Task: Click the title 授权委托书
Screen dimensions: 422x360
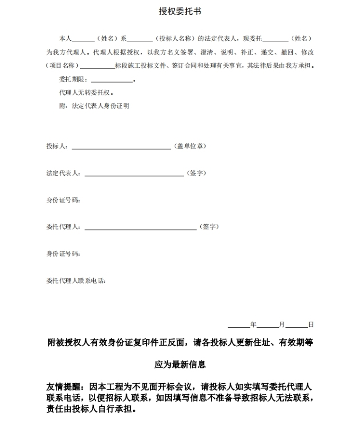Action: (x=180, y=11)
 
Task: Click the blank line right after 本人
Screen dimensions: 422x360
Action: (x=83, y=39)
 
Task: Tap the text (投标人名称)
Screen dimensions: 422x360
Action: (x=176, y=38)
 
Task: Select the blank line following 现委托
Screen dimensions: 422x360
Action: (x=275, y=39)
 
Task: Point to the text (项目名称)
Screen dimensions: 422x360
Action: (x=63, y=65)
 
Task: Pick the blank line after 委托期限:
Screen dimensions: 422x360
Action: (x=112, y=80)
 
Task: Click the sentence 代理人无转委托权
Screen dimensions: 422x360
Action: (x=86, y=92)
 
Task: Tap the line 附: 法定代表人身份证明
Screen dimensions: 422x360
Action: (x=94, y=106)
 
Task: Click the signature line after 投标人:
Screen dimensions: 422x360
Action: (x=121, y=147)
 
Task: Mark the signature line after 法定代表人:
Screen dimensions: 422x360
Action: (x=134, y=174)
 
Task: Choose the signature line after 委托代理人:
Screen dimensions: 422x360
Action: (x=140, y=228)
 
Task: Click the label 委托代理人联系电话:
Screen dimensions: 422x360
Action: (x=76, y=281)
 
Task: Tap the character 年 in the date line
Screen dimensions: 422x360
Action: (x=253, y=325)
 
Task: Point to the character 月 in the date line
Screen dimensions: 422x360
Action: (x=282, y=325)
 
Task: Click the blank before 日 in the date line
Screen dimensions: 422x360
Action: (x=297, y=326)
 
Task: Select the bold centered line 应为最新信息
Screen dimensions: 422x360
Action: (x=180, y=365)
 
